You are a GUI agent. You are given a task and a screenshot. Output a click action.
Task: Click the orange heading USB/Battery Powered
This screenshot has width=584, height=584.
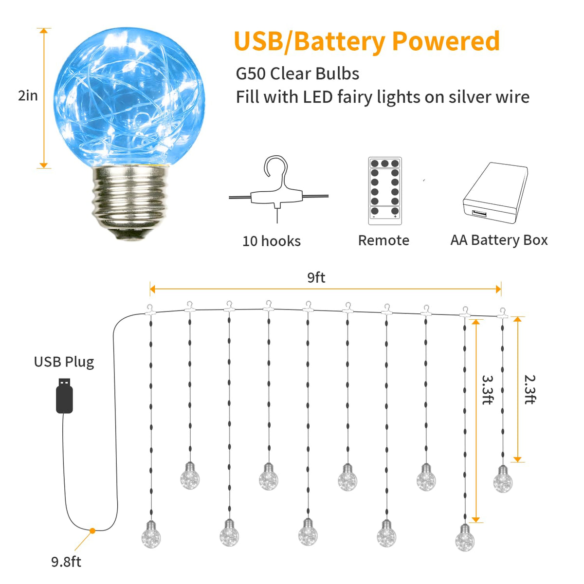(367, 42)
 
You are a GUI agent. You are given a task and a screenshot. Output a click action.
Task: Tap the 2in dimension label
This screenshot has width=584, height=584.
(28, 96)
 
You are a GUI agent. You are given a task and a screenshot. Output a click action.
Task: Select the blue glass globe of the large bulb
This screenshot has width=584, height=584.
(129, 97)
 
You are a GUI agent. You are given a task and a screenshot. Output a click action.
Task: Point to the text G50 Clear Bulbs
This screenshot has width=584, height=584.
(297, 73)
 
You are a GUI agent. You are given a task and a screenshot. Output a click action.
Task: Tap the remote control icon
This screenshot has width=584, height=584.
(385, 191)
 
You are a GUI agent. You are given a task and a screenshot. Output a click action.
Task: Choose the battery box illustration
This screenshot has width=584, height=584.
(495, 193)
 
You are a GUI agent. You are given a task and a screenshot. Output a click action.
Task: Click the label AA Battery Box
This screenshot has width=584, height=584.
(499, 240)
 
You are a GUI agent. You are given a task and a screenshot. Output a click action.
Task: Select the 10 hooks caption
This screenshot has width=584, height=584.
(272, 241)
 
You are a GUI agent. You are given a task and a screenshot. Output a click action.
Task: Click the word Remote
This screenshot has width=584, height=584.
(383, 240)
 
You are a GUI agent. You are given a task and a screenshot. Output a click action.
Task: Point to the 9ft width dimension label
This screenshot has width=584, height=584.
(316, 277)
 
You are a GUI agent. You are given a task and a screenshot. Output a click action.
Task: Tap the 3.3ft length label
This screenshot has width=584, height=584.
(488, 390)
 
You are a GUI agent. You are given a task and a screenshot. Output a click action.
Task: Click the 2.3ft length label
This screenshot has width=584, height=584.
(530, 390)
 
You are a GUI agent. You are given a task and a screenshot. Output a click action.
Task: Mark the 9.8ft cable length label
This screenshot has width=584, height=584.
(66, 562)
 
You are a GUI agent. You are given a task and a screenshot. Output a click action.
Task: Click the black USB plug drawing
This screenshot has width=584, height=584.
(64, 396)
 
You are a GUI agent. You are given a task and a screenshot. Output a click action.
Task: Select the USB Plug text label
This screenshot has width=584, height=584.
(64, 362)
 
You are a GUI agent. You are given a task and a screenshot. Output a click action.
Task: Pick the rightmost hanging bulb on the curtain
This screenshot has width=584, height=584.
(503, 479)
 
